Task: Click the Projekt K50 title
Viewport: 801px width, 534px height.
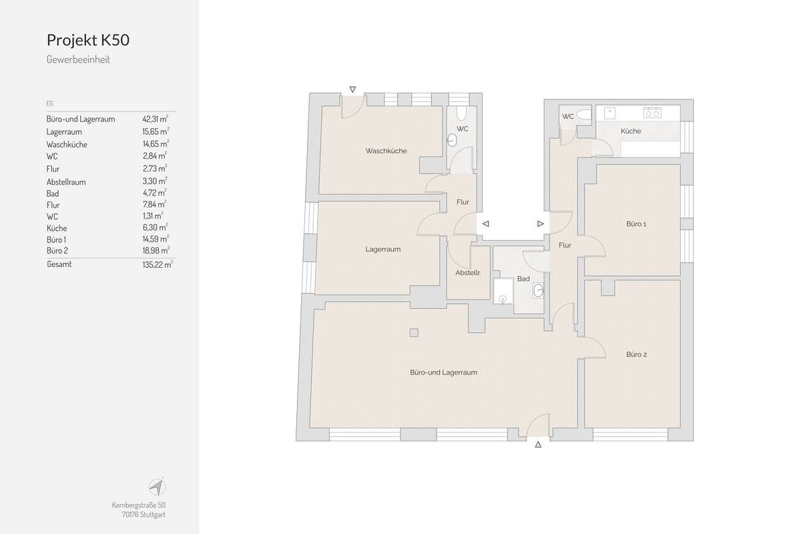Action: [x=88, y=40]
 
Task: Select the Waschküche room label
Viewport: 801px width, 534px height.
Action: [x=386, y=151]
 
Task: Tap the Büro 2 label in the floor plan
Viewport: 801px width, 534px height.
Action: [x=637, y=354]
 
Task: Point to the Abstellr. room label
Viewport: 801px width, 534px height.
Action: [x=468, y=273]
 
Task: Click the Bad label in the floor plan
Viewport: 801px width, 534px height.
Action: [x=523, y=278]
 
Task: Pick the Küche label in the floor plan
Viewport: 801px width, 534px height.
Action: [x=631, y=131]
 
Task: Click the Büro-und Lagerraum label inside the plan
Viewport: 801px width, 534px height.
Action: [x=443, y=372]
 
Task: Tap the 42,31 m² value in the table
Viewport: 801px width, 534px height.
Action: [x=155, y=119]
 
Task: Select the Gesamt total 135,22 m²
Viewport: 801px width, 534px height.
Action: [x=158, y=264]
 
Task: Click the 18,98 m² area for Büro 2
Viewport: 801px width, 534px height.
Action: [x=156, y=250]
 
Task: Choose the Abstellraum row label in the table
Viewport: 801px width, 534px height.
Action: [x=66, y=182]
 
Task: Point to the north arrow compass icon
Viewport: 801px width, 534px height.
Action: [x=157, y=487]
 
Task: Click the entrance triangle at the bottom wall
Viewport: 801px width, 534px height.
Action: [x=538, y=445]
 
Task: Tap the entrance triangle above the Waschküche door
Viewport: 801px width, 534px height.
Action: [x=352, y=89]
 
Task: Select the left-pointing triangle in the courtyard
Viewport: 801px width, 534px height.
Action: [x=486, y=224]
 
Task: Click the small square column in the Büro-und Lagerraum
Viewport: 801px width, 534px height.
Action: [x=414, y=332]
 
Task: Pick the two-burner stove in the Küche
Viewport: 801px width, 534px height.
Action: [x=652, y=113]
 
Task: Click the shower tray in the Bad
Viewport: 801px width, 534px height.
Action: [x=503, y=291]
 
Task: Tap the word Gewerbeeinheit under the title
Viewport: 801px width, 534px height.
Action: [x=78, y=59]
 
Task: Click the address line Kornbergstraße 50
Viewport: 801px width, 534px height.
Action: [x=139, y=505]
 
